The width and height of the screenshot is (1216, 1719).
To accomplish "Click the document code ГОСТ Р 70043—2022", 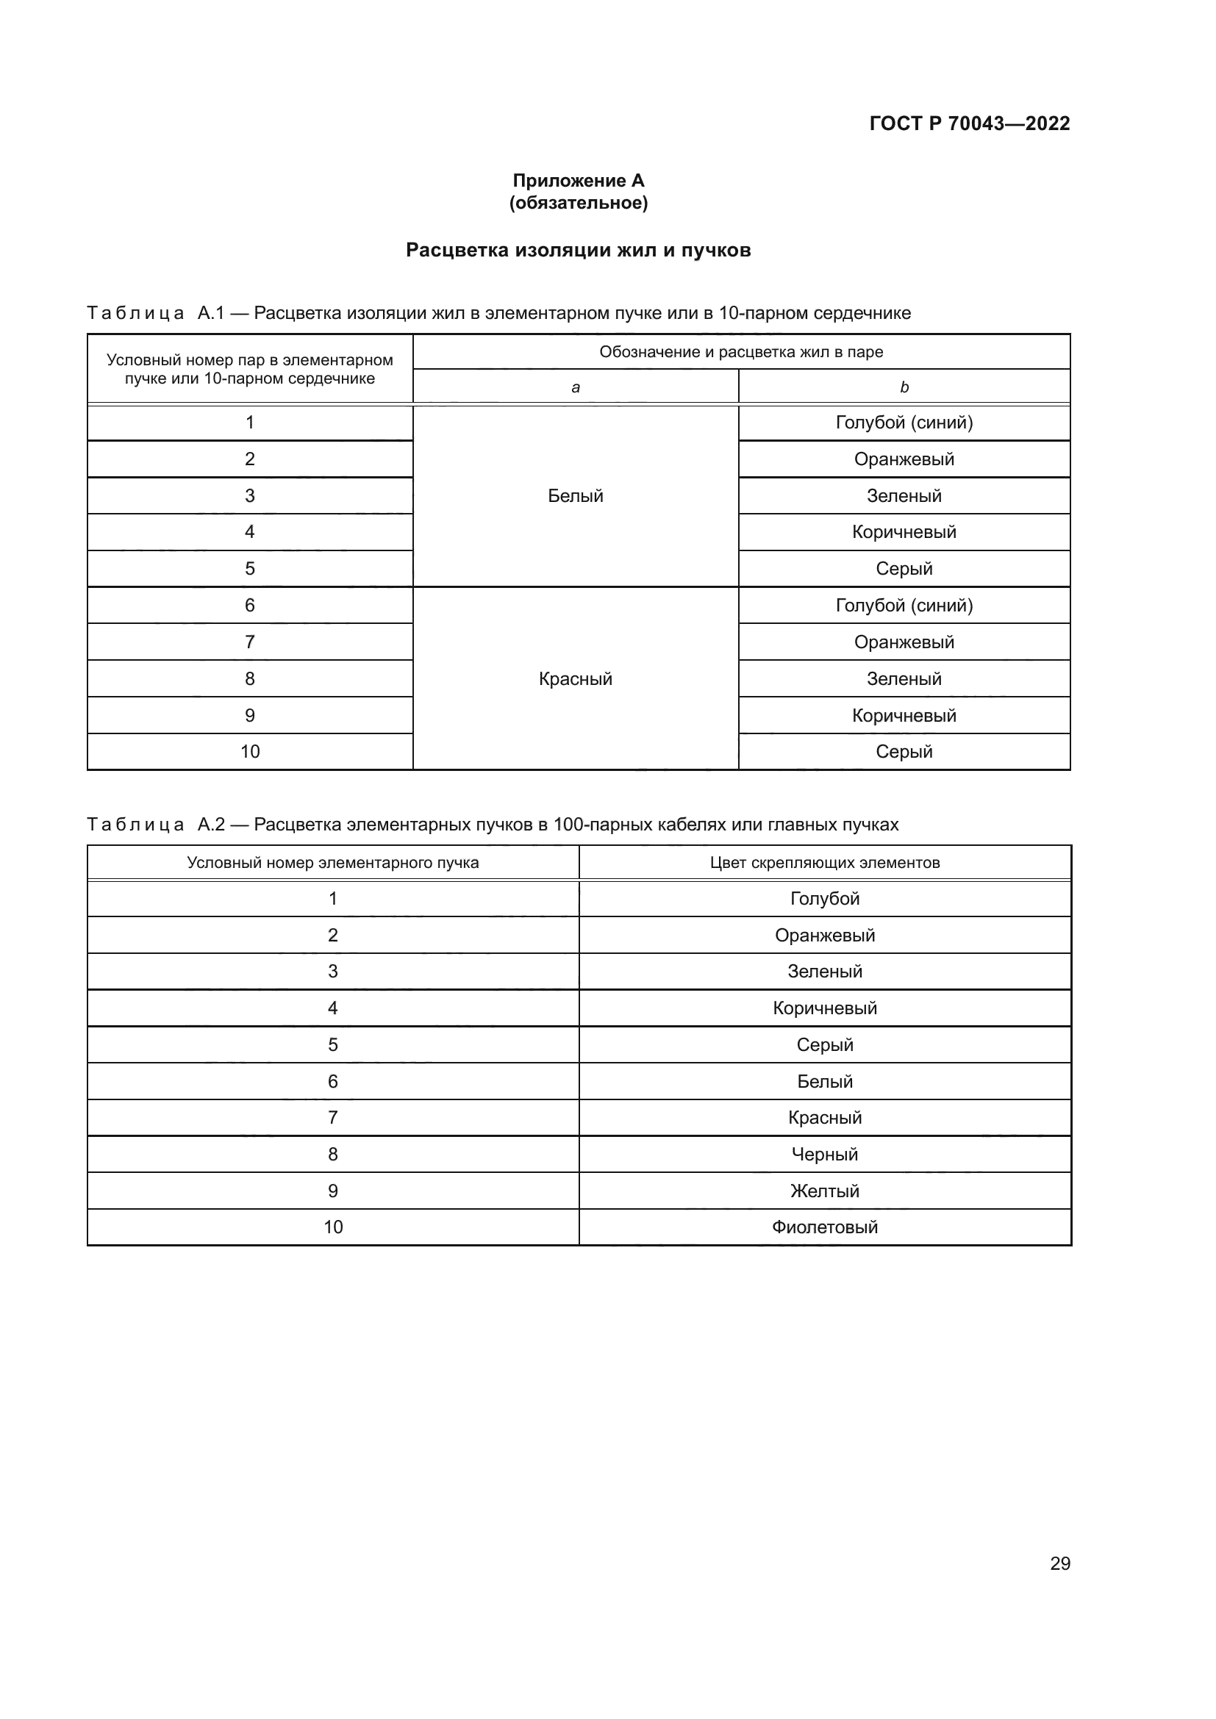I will (x=969, y=123).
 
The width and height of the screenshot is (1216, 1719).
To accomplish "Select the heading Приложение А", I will (x=578, y=181).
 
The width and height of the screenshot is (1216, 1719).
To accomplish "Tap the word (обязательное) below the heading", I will (x=578, y=203).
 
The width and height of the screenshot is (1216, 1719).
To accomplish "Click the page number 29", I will (x=1059, y=1563).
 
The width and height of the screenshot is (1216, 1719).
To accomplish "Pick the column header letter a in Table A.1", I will (x=575, y=387).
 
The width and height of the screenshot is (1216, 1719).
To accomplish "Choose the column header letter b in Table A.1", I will (x=904, y=387).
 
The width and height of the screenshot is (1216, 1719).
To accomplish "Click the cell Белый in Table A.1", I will (x=575, y=495).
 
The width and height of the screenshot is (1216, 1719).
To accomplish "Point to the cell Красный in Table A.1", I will (x=575, y=679).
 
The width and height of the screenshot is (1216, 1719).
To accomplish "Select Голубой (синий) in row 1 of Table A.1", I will (x=904, y=423).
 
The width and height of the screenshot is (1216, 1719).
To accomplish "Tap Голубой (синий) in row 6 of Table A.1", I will (x=904, y=606).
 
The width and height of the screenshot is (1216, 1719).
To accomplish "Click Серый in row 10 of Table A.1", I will (x=904, y=752).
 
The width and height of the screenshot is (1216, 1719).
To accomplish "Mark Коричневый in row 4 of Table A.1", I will (x=904, y=532).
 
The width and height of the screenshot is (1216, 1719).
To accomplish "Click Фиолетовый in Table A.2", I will (x=824, y=1227).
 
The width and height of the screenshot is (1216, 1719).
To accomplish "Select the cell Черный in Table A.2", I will (x=824, y=1155).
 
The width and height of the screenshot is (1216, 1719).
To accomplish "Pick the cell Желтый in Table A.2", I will (x=824, y=1191).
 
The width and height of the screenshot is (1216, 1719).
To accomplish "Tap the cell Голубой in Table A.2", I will (x=824, y=898).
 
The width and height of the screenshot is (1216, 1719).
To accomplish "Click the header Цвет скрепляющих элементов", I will (x=824, y=863).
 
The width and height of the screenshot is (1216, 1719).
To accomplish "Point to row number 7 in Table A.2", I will (x=332, y=1118).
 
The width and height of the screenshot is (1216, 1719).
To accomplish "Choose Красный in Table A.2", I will (x=824, y=1118).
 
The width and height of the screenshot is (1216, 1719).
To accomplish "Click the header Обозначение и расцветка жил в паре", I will (x=740, y=352).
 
